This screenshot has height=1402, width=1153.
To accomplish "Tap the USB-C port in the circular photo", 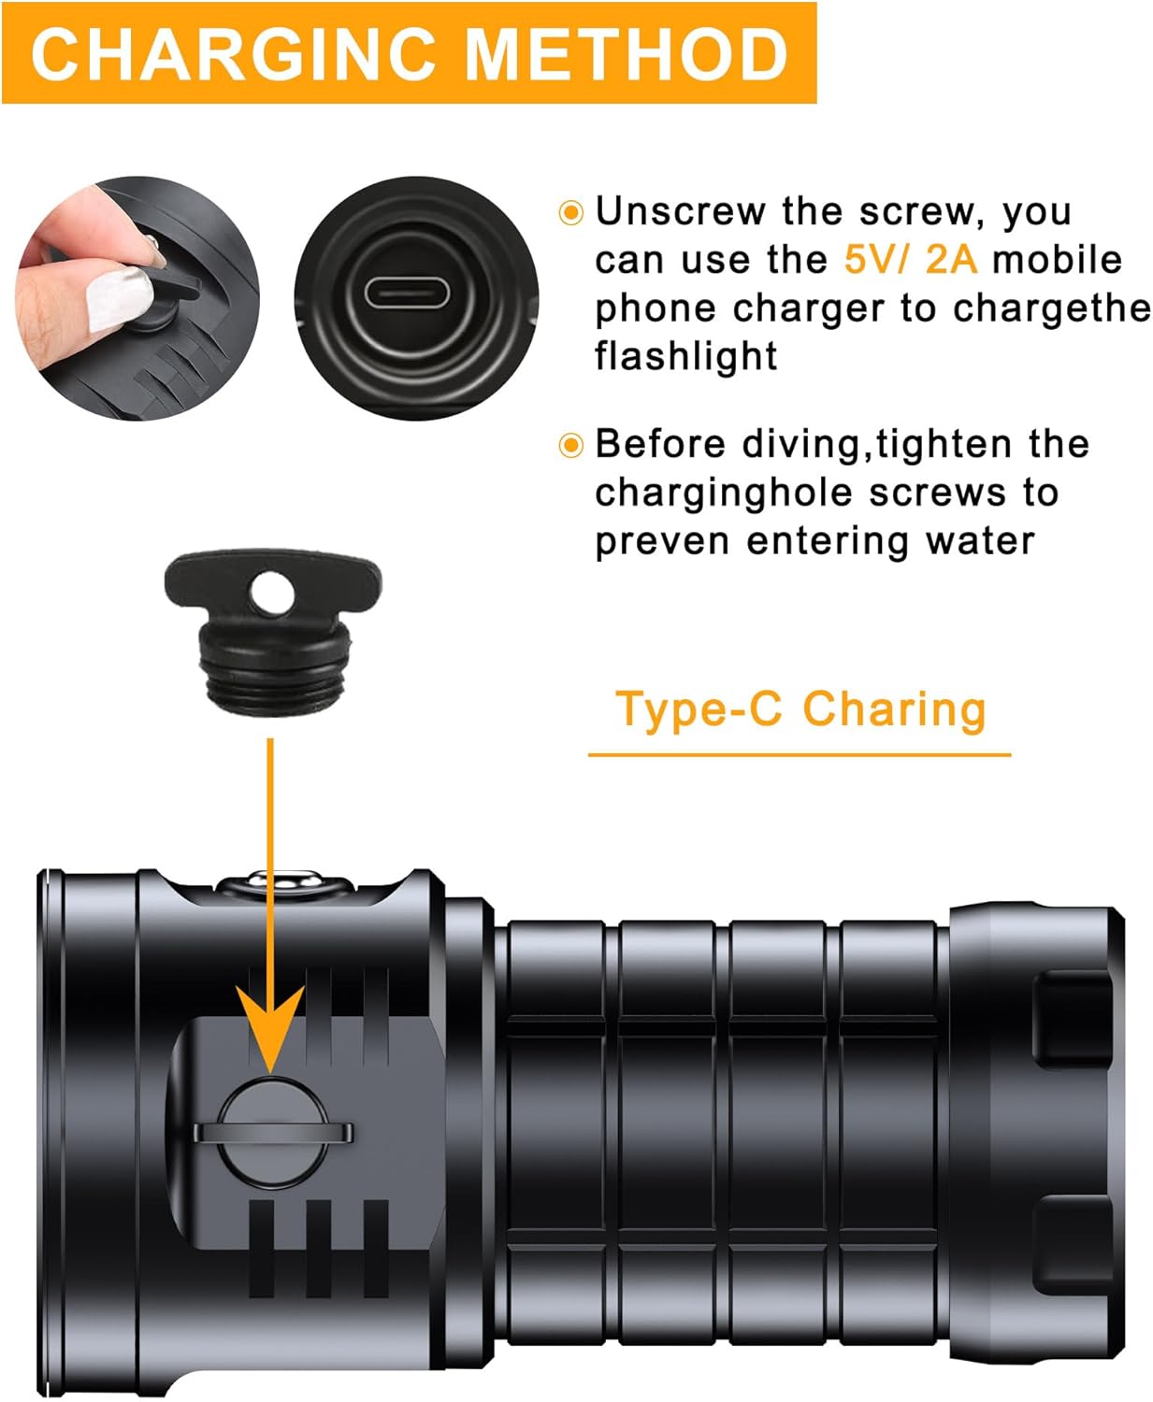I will click(407, 294).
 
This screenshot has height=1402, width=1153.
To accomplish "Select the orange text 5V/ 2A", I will click(910, 260).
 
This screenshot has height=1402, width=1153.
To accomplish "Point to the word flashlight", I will click(685, 356).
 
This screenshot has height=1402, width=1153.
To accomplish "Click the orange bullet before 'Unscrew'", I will click(570, 212).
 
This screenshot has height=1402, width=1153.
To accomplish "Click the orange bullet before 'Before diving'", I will click(570, 445).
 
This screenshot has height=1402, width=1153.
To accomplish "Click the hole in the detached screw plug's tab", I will click(272, 592).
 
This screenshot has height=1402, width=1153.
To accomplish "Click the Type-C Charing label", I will click(800, 709).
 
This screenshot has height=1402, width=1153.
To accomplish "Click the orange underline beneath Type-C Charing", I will click(800, 753).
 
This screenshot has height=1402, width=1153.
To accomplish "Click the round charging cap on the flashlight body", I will click(273, 1132).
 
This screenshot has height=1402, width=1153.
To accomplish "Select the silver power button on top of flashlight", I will click(286, 881).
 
